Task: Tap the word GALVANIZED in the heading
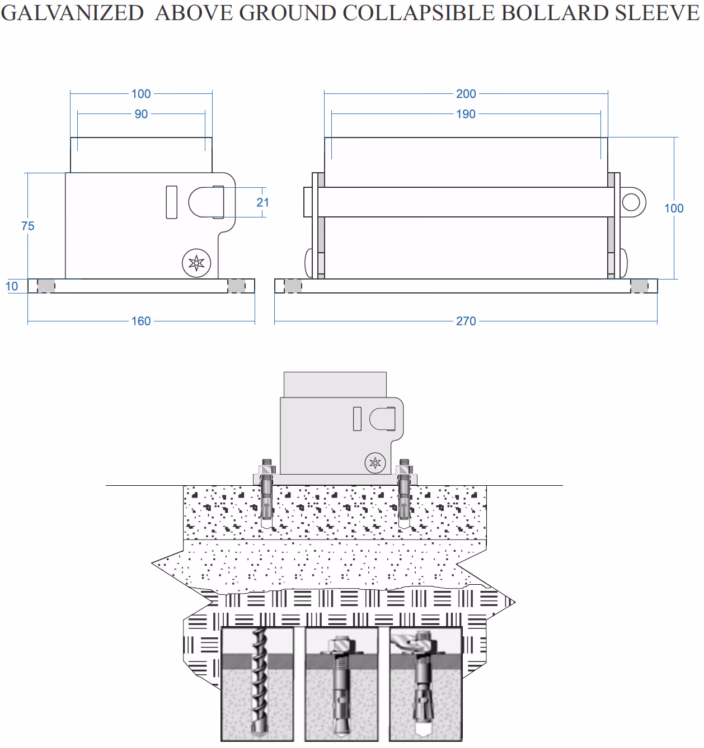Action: [x=72, y=13]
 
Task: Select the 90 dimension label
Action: [x=141, y=114]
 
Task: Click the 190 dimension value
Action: [x=466, y=114]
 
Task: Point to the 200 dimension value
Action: [x=466, y=94]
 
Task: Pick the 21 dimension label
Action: [x=262, y=202]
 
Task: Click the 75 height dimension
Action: [x=27, y=226]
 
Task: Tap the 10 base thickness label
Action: [x=12, y=287]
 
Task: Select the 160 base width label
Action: [x=141, y=321]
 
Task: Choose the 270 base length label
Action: [x=466, y=321]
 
